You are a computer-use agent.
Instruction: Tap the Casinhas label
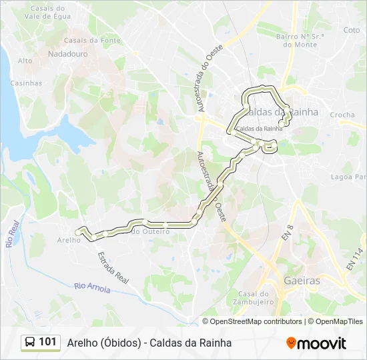click(26, 83)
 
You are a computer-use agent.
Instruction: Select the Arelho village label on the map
click(69, 240)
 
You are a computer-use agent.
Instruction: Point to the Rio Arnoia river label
click(92, 286)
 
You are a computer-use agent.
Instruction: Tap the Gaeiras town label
click(302, 281)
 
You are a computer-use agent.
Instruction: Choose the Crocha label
click(342, 115)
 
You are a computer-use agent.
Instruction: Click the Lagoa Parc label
click(348, 177)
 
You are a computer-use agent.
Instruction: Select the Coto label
click(351, 30)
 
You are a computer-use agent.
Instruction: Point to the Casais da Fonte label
click(92, 40)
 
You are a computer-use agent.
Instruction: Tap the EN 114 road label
click(353, 258)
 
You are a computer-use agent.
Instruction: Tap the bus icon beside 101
click(29, 343)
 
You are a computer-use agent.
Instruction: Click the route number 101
click(48, 342)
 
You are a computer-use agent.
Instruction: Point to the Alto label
click(25, 61)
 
